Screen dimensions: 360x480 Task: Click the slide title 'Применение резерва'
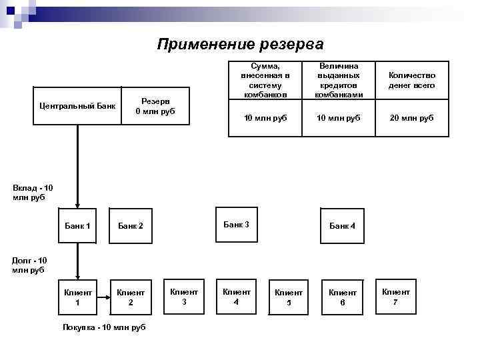240,45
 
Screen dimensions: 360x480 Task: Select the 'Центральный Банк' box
77,105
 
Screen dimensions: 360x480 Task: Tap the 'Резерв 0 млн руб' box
155,105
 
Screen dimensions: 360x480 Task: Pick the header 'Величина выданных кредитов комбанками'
339,81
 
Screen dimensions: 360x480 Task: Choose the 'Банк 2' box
131,226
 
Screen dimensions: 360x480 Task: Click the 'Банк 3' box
237,225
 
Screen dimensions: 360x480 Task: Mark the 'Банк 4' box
343,226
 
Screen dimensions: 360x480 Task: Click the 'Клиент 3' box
184,296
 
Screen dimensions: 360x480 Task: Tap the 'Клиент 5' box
289,297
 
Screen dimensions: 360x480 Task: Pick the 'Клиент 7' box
395,296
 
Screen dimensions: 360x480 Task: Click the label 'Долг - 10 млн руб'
29,265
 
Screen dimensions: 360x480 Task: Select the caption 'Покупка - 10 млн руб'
103,327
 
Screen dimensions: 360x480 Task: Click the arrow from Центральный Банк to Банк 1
77,167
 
